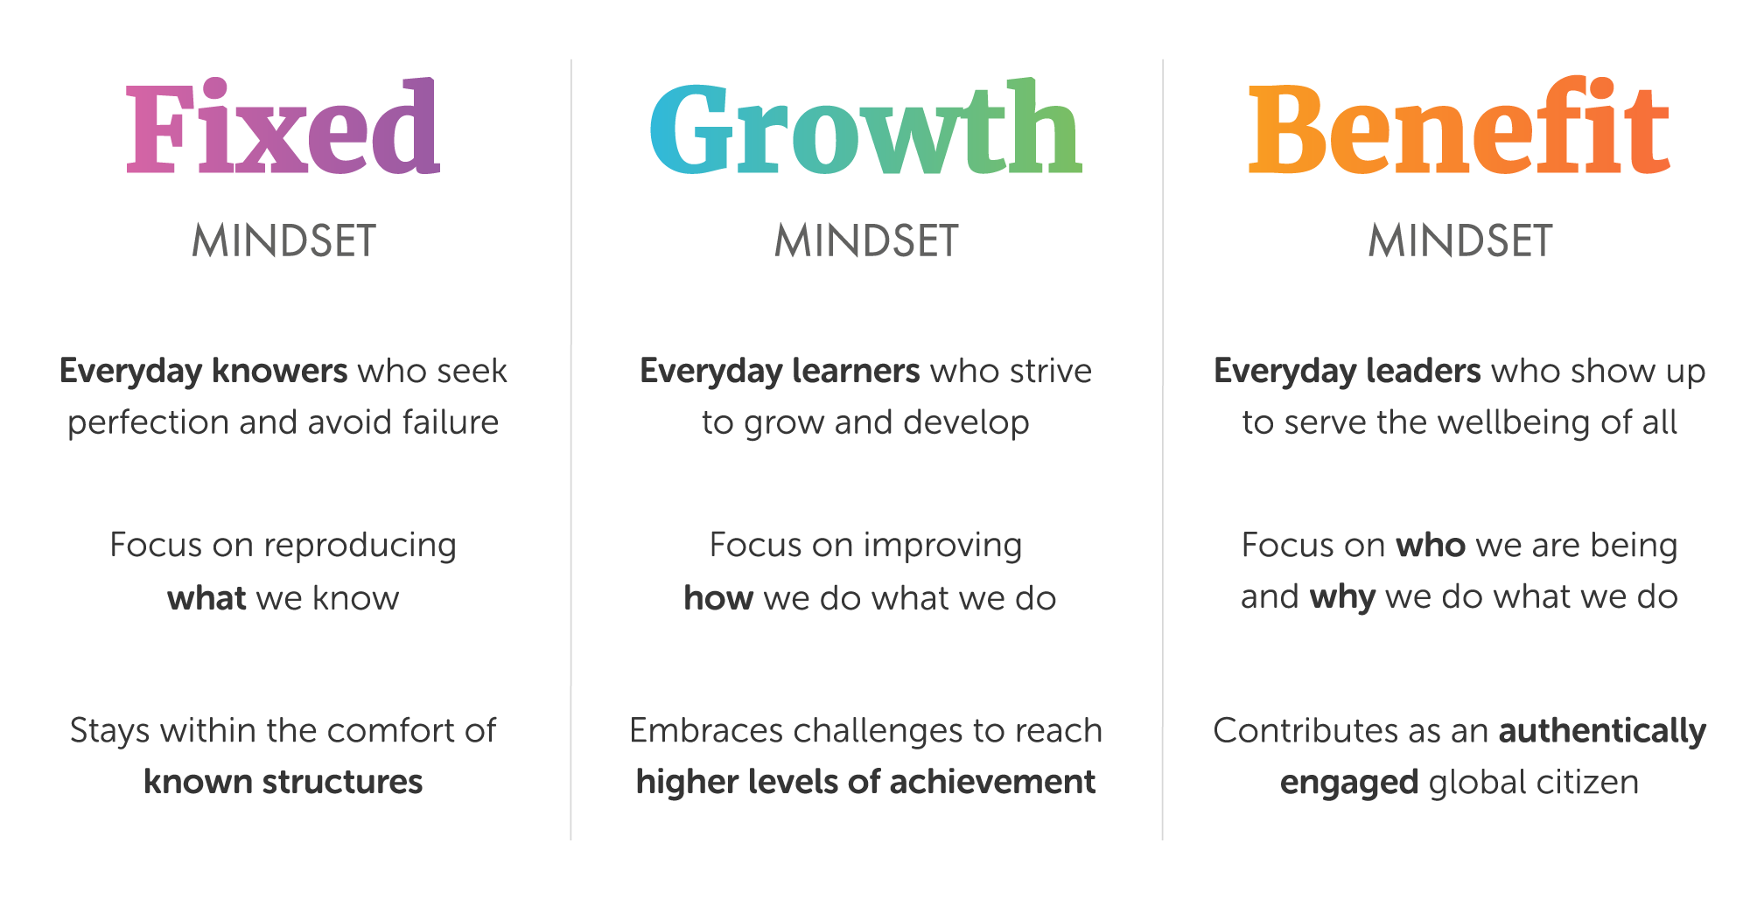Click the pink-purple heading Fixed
[x=283, y=127]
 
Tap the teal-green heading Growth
[x=866, y=127]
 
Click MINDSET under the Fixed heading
[x=283, y=240]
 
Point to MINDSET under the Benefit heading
[x=1460, y=240]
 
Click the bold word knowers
[x=280, y=371]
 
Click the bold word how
[x=718, y=597]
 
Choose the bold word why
[x=1343, y=598]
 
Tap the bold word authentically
[x=1602, y=731]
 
